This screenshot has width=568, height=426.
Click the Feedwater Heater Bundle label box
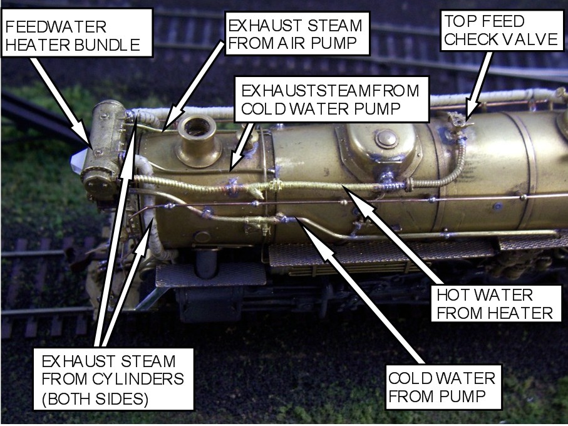77,33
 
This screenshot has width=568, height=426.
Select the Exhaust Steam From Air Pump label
297,33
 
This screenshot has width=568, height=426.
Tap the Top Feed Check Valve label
502,30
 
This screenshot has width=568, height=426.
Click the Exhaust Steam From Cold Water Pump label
331,99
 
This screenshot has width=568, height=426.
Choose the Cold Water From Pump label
443,387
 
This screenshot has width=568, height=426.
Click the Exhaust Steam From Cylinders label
113,379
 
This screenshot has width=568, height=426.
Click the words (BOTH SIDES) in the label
95,399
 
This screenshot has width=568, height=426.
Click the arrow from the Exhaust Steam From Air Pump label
192,85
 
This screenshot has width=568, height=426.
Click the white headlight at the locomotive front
78,162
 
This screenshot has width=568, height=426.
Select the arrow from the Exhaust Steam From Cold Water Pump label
241,147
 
